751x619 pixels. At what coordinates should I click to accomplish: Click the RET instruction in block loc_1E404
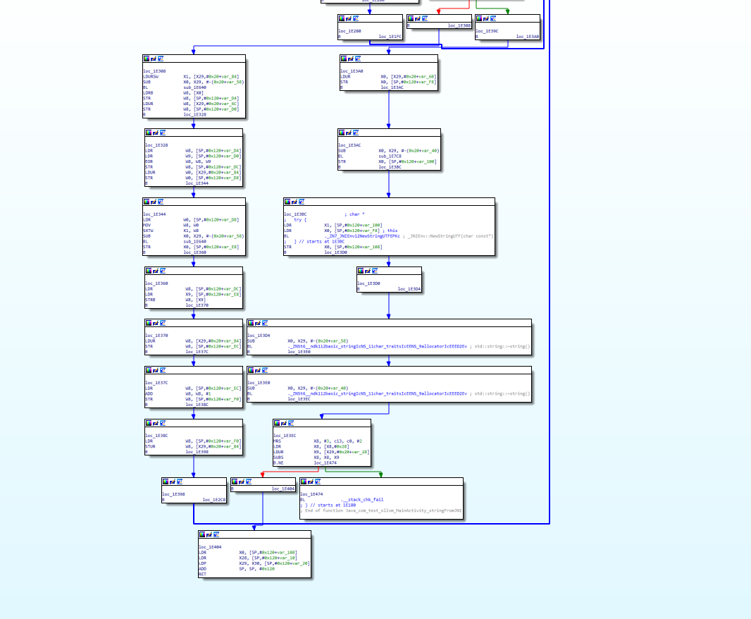(x=202, y=574)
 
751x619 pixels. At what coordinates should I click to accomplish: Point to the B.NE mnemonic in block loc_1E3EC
(x=278, y=462)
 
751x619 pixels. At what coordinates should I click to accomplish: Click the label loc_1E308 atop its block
(x=154, y=71)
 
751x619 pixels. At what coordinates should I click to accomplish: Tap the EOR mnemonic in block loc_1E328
(x=149, y=161)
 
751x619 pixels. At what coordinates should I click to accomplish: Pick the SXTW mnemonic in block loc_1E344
(x=148, y=231)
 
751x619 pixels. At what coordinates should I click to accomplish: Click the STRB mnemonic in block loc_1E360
(x=149, y=300)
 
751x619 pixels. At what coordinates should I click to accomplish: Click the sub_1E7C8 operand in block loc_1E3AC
(x=390, y=156)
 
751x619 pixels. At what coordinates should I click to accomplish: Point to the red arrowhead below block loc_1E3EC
(x=261, y=474)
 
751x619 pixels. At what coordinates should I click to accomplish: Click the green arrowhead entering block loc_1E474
(x=381, y=474)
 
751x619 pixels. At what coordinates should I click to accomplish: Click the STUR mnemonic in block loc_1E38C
(x=149, y=446)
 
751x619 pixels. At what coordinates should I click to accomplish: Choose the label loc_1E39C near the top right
(x=487, y=31)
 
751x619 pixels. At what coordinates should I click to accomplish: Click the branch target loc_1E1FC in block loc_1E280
(x=390, y=36)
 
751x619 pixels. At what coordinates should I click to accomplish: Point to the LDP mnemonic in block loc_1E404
(x=202, y=563)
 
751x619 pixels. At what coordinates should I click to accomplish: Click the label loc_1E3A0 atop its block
(x=352, y=71)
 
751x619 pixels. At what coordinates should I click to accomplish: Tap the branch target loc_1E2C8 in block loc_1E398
(x=214, y=500)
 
